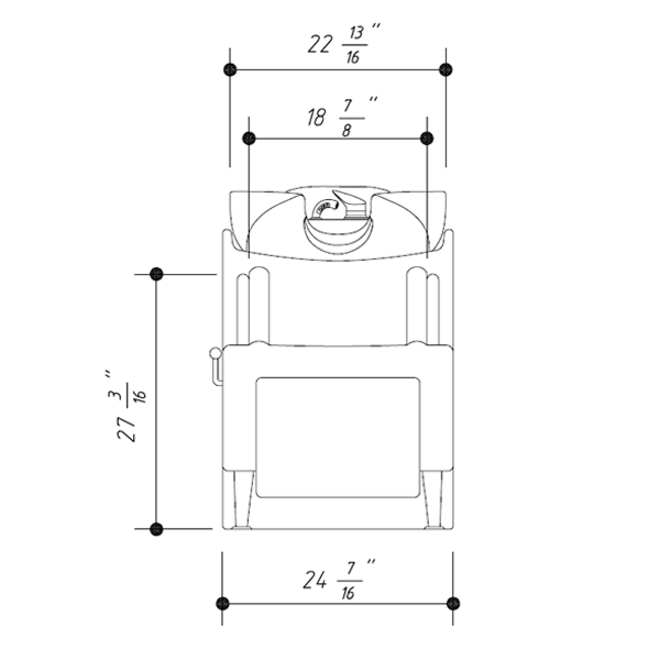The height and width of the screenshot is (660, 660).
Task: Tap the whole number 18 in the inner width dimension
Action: pos(316,118)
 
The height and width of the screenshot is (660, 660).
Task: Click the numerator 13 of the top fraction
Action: pos(356,34)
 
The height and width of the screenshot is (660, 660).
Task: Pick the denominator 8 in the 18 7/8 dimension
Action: pos(346,130)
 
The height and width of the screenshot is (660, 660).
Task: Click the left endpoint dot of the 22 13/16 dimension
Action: pos(230,70)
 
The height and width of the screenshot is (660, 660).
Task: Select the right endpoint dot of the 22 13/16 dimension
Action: pos(446,70)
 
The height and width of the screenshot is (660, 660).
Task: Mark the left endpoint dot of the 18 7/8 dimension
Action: pos(249,139)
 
